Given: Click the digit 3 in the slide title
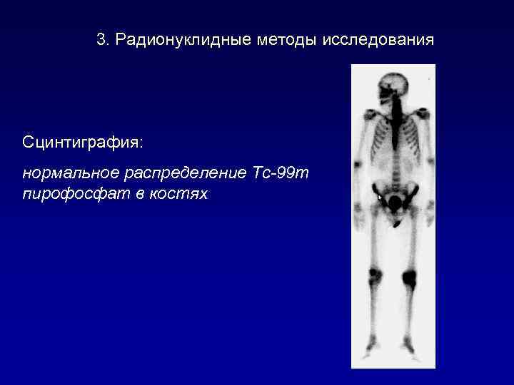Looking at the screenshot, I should (101, 39).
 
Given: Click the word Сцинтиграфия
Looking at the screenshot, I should (81, 143).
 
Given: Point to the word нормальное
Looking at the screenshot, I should (66, 173).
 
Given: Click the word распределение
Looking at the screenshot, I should (178, 173).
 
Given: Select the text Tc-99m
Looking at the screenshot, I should (281, 173).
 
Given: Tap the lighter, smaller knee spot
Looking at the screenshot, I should (376, 274).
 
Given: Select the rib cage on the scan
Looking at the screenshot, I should (393, 139).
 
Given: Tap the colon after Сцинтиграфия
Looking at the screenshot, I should (141, 143).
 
